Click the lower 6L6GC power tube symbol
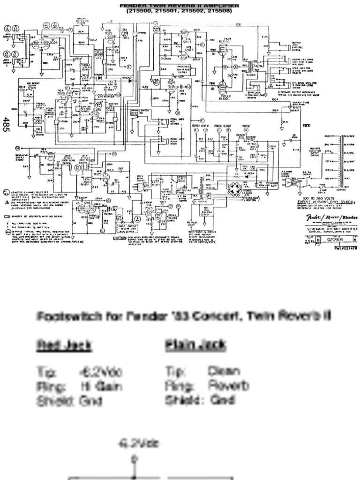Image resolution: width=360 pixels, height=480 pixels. click(x=223, y=87)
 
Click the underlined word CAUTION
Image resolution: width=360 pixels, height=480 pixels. click(x=121, y=238)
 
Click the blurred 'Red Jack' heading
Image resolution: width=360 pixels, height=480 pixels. click(x=64, y=346)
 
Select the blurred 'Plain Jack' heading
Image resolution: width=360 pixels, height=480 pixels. click(x=195, y=346)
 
